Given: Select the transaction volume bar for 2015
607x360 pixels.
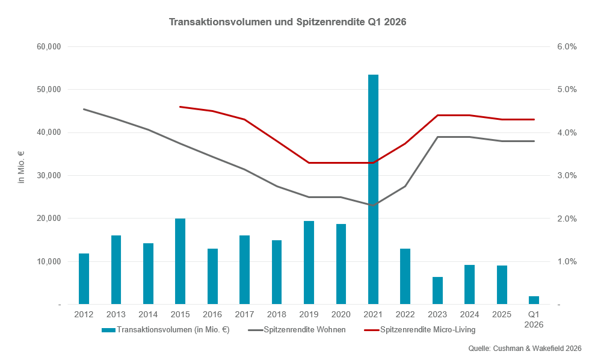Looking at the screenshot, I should tap(180, 261).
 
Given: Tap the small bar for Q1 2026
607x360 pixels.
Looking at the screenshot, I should tap(534, 300).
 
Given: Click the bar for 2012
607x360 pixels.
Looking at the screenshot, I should tap(84, 279).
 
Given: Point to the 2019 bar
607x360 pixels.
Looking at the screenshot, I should tap(309, 262).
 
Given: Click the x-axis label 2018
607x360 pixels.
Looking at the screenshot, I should tap(277, 314).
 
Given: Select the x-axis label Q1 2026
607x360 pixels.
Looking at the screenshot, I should tap(534, 319).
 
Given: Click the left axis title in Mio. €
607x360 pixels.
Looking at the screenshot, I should tap(22, 167).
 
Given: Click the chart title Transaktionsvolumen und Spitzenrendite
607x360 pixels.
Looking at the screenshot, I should tap(288, 22).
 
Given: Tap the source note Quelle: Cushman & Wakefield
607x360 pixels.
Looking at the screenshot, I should tap(525, 349).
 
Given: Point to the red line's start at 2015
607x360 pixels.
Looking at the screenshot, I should tap(180, 107).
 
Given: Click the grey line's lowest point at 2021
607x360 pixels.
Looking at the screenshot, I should tap(373, 205).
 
